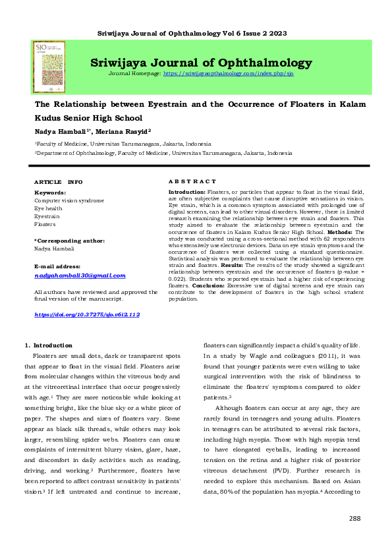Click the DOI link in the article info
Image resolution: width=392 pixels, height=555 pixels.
point(87,315)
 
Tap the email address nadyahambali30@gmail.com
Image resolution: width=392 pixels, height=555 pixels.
point(80,276)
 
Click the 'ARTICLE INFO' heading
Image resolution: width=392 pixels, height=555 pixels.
point(58,181)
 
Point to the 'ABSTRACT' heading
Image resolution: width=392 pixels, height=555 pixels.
point(192,181)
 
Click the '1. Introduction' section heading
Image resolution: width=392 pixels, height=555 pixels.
point(48,345)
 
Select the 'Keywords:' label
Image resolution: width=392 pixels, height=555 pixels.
point(50,192)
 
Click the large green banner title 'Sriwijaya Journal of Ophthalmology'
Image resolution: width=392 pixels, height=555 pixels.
point(201,63)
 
